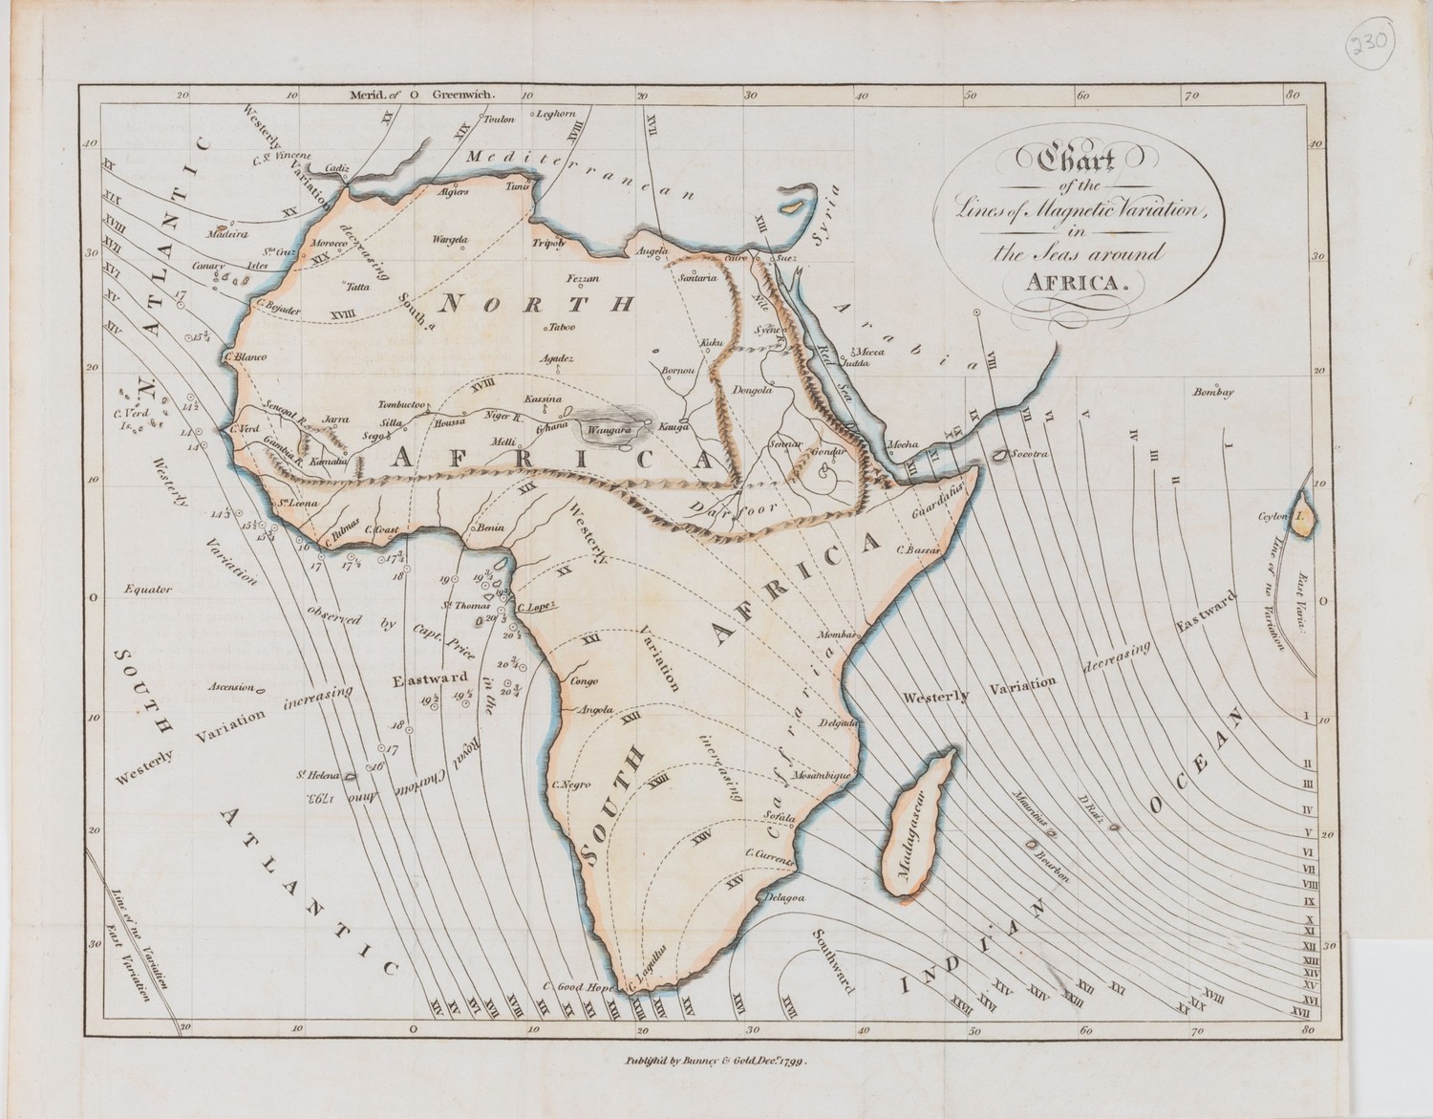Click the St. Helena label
pyautogui.click(x=312, y=774)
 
